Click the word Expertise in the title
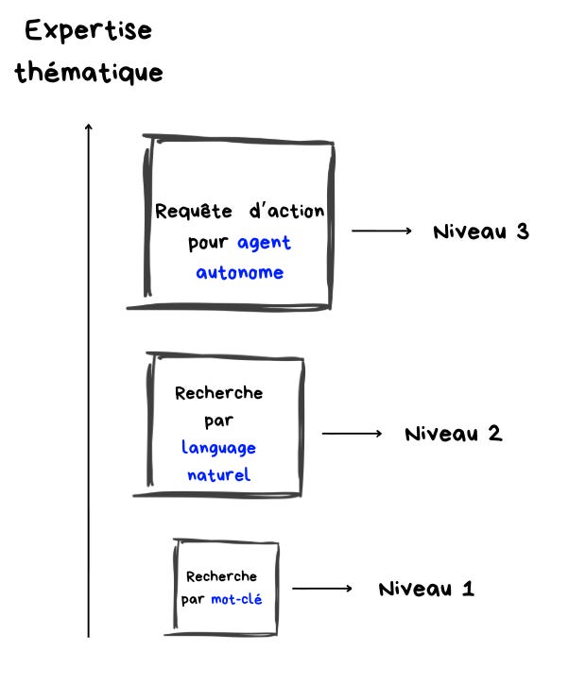[88, 30]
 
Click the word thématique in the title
[89, 73]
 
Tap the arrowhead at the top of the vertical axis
[89, 127]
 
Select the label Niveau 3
[480, 232]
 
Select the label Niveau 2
[453, 435]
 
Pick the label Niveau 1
[426, 590]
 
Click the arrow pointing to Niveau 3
[382, 231]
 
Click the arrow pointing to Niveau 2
[352, 434]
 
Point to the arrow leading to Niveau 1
[321, 589]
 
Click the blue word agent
[264, 243]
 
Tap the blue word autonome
[239, 273]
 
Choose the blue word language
[218, 448]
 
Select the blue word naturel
[218, 474]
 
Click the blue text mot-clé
[236, 599]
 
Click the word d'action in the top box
[286, 212]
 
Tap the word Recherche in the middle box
[218, 393]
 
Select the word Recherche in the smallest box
[221, 575]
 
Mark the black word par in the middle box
[218, 420]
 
